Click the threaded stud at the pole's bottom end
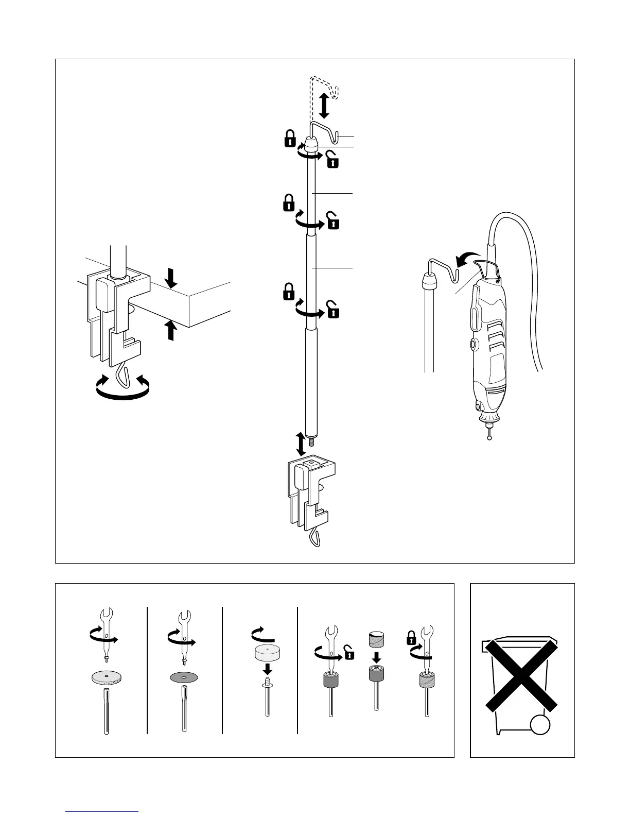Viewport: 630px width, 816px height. [x=311, y=442]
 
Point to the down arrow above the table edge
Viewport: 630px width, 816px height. [x=172, y=278]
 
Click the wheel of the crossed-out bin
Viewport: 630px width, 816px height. [x=540, y=724]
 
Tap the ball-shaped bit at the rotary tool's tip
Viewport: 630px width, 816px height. [x=489, y=437]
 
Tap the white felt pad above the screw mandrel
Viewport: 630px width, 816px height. [x=267, y=652]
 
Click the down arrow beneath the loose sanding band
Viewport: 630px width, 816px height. [x=376, y=657]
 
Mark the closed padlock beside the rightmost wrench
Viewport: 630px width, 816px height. [x=411, y=638]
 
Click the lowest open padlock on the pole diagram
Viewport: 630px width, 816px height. [x=334, y=312]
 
